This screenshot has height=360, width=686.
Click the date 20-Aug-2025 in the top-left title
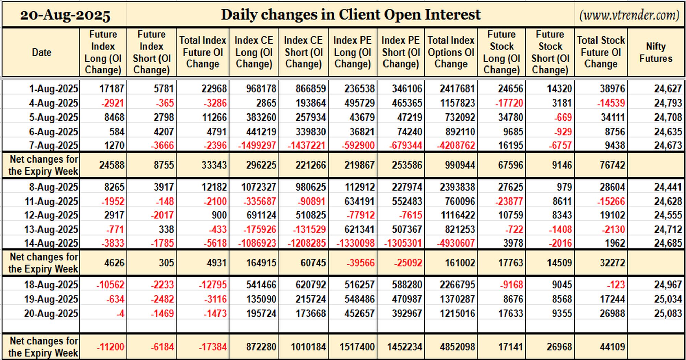[x=65, y=15]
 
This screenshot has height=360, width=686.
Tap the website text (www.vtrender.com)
[x=629, y=15]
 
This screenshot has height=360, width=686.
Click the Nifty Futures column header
[x=655, y=52]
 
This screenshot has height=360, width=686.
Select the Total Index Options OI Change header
[x=451, y=52]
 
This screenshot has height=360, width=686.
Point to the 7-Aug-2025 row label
[x=54, y=145]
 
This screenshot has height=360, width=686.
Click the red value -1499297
[x=257, y=145]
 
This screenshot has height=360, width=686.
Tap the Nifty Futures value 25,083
[x=668, y=313]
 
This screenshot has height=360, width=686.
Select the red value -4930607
[x=456, y=243]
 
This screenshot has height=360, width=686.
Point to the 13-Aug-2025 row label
[x=51, y=229]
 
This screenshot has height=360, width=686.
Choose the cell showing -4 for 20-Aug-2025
[x=120, y=313]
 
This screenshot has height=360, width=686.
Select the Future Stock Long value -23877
[x=509, y=201]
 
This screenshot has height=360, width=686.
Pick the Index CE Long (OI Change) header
[x=254, y=52]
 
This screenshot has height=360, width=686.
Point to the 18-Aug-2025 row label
[x=51, y=285]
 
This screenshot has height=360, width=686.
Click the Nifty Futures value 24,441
[x=668, y=187]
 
